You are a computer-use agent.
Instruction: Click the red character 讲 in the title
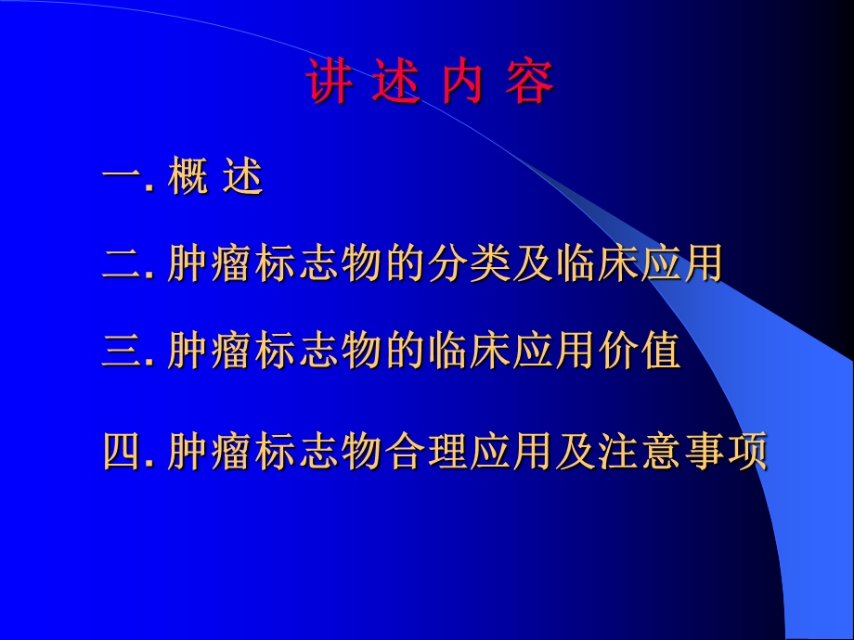tap(330, 84)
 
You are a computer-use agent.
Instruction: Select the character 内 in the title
tap(461, 84)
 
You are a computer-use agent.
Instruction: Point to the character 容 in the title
tap(529, 84)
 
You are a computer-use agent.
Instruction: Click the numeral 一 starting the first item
tap(121, 178)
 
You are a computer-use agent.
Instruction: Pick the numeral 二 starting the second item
tap(121, 265)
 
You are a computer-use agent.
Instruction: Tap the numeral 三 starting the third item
tap(121, 352)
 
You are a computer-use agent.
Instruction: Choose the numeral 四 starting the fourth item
tap(121, 453)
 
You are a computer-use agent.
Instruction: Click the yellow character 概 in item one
tap(188, 178)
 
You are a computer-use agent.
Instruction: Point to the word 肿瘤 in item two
tap(210, 265)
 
